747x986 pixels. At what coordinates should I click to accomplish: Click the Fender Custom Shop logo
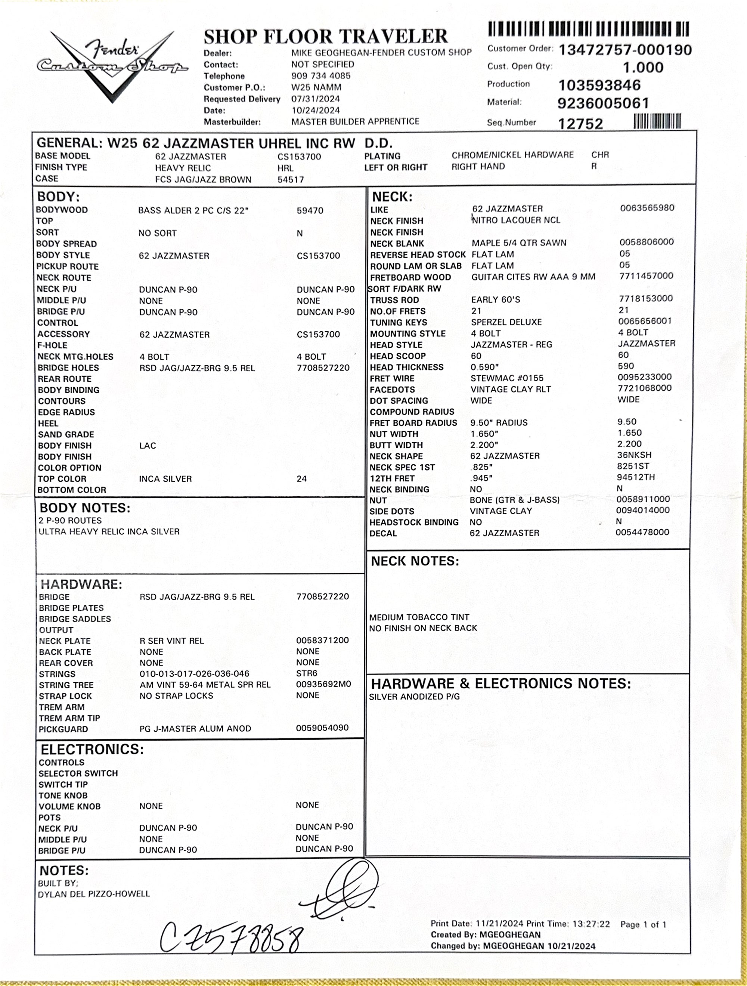click(112, 65)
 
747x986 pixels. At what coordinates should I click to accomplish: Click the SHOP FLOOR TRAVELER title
click(325, 37)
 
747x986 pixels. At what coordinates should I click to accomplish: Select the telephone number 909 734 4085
click(321, 76)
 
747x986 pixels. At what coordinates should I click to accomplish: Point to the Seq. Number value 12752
click(580, 124)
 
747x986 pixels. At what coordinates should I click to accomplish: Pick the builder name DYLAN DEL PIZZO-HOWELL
click(94, 894)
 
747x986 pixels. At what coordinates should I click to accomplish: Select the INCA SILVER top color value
click(165, 479)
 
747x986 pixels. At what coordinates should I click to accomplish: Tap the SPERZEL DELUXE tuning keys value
click(506, 322)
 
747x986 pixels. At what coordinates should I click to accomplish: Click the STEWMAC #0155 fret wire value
click(507, 378)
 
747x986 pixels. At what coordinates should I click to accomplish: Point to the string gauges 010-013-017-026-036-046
click(194, 673)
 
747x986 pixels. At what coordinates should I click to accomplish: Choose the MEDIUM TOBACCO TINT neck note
click(419, 617)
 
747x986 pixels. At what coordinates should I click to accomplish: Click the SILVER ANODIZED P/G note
click(414, 696)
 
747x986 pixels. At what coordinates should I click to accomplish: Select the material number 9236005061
click(603, 103)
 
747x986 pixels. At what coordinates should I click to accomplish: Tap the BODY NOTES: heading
click(85, 508)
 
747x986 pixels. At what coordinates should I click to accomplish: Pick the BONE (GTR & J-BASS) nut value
click(514, 500)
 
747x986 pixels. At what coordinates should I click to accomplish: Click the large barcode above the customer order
click(588, 29)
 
